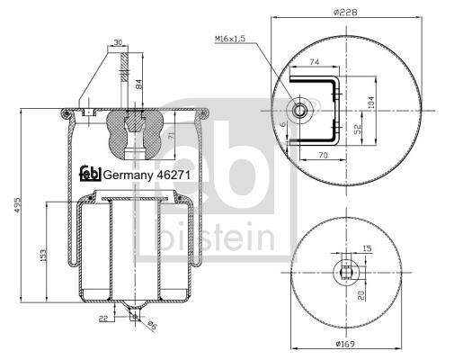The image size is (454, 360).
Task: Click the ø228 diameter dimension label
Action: (x=346, y=13)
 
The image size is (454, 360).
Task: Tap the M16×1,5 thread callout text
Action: (x=230, y=39)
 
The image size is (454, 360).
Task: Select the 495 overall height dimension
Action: (x=18, y=205)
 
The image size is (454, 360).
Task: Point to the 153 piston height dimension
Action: (x=44, y=255)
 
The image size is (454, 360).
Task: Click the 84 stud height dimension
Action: (x=139, y=84)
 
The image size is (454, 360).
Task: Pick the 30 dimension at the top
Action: (x=118, y=42)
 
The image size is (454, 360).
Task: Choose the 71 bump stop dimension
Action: (x=171, y=136)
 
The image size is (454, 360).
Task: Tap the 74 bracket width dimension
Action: (x=314, y=62)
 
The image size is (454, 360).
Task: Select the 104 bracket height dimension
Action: (x=371, y=103)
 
